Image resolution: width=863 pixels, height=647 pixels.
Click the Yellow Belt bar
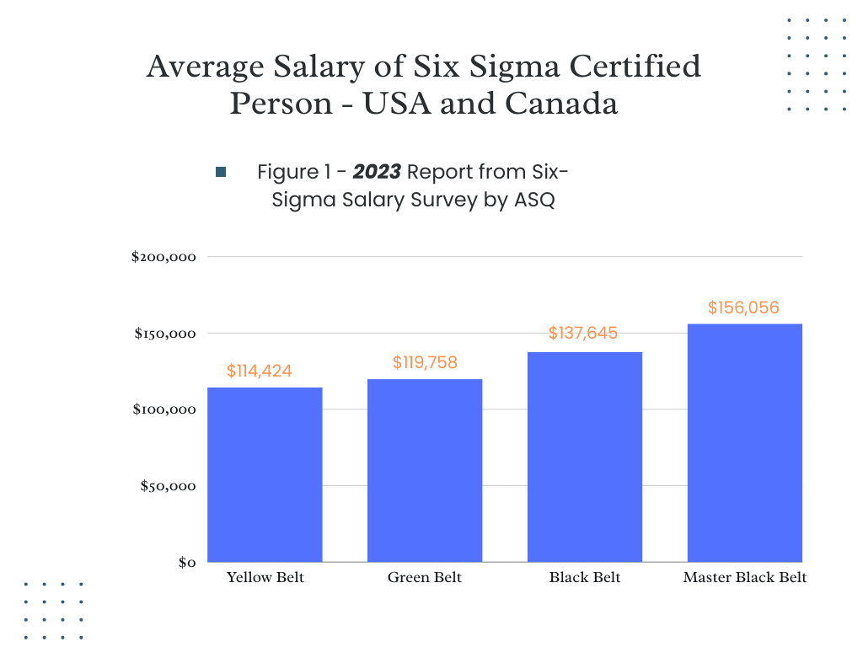(265, 475)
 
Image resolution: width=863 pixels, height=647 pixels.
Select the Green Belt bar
(425, 470)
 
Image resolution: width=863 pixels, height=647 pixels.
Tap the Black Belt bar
(585, 457)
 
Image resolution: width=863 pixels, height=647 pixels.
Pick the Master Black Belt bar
(745, 443)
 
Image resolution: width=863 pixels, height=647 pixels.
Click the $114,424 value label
(260, 371)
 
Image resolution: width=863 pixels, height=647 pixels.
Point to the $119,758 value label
(425, 362)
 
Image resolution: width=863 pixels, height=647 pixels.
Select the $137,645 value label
(583, 333)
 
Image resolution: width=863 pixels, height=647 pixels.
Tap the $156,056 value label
(743, 307)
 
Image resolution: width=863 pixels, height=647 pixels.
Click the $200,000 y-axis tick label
(163, 257)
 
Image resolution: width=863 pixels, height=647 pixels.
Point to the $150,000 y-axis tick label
(165, 334)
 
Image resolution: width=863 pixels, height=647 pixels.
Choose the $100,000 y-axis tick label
(164, 409)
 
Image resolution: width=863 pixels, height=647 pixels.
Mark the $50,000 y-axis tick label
(168, 486)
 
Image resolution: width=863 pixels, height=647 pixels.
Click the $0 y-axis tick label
(187, 562)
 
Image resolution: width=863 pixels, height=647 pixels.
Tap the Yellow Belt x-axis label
(265, 577)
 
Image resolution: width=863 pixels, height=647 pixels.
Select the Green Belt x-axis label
(425, 577)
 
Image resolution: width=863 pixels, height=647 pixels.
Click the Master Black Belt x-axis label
(745, 577)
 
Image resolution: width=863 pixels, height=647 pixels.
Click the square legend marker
(221, 172)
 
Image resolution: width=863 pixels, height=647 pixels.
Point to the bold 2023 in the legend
(377, 172)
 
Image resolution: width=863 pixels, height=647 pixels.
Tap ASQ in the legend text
(534, 199)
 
